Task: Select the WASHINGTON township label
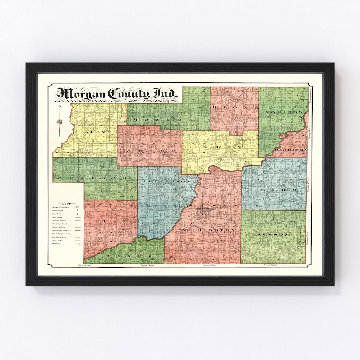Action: pos(208,230)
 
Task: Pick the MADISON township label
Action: pos(284,112)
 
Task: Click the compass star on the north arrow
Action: pos(60,122)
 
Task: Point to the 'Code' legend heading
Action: pos(66,203)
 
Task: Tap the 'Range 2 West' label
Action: pos(85,265)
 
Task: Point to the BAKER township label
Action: pos(127,256)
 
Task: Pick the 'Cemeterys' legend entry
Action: pos(57,211)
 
